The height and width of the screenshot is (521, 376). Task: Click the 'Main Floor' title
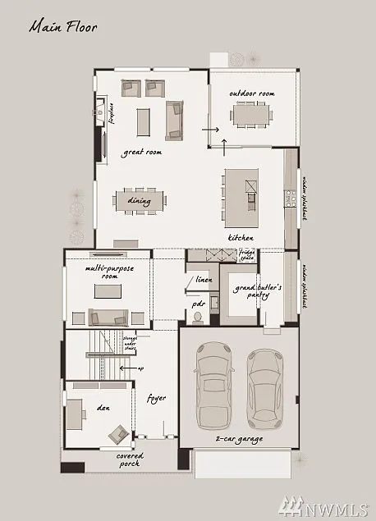tap(63, 27)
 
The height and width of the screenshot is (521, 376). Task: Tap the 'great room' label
tap(142, 152)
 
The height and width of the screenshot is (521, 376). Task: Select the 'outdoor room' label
tap(251, 94)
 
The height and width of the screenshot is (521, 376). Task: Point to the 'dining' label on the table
tap(139, 199)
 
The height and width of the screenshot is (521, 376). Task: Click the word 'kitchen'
tap(241, 238)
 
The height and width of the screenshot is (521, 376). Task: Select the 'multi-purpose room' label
tap(108, 272)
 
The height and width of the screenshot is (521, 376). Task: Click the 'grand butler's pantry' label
tap(257, 293)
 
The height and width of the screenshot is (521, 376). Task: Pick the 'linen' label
tap(204, 281)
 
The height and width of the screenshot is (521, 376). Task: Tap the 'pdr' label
tap(198, 304)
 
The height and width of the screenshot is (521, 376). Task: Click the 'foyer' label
tap(156, 398)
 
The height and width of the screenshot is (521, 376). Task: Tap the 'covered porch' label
tap(129, 459)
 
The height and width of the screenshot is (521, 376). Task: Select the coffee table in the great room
tap(144, 121)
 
